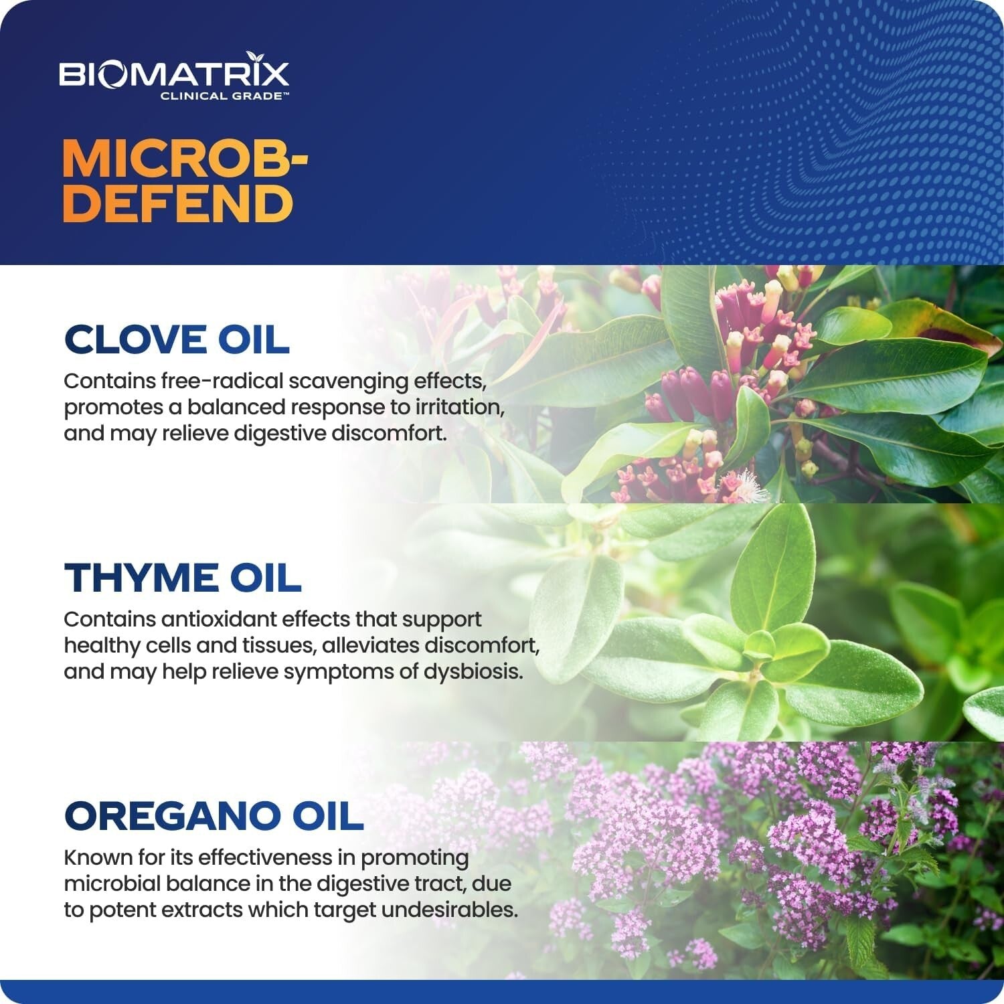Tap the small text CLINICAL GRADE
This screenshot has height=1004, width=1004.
pyautogui.click(x=224, y=96)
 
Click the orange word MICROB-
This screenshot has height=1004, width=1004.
pyautogui.click(x=185, y=159)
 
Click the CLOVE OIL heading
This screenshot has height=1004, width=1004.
pyautogui.click(x=177, y=339)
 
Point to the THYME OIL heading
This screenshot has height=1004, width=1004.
pyautogui.click(x=183, y=578)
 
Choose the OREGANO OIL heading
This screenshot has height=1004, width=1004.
pyautogui.click(x=214, y=816)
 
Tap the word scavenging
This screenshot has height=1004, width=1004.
pyautogui.click(x=349, y=382)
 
